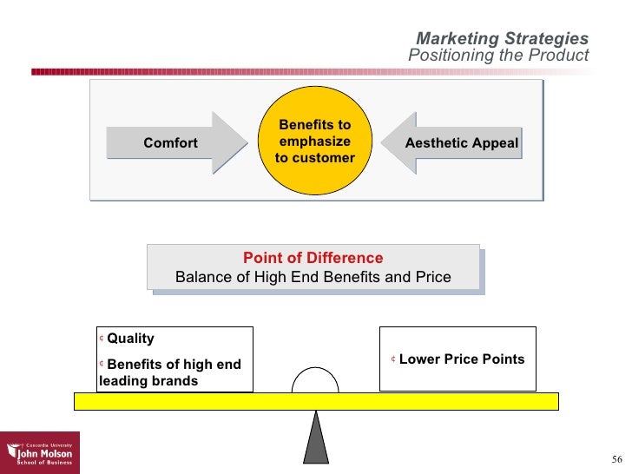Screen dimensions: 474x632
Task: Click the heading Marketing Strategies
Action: pos(502,39)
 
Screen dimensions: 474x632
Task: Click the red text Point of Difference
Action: pos(313,258)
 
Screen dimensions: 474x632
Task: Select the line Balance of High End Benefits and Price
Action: pos(313,278)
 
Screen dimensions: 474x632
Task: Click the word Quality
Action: pos(130,339)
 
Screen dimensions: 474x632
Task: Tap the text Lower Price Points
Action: pos(462,359)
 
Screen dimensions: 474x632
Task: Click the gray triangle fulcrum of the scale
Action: pos(316,438)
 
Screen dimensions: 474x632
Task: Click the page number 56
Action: pos(617,459)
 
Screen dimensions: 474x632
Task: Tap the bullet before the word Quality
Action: pos(102,339)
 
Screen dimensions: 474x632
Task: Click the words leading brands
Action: pos(148,381)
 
